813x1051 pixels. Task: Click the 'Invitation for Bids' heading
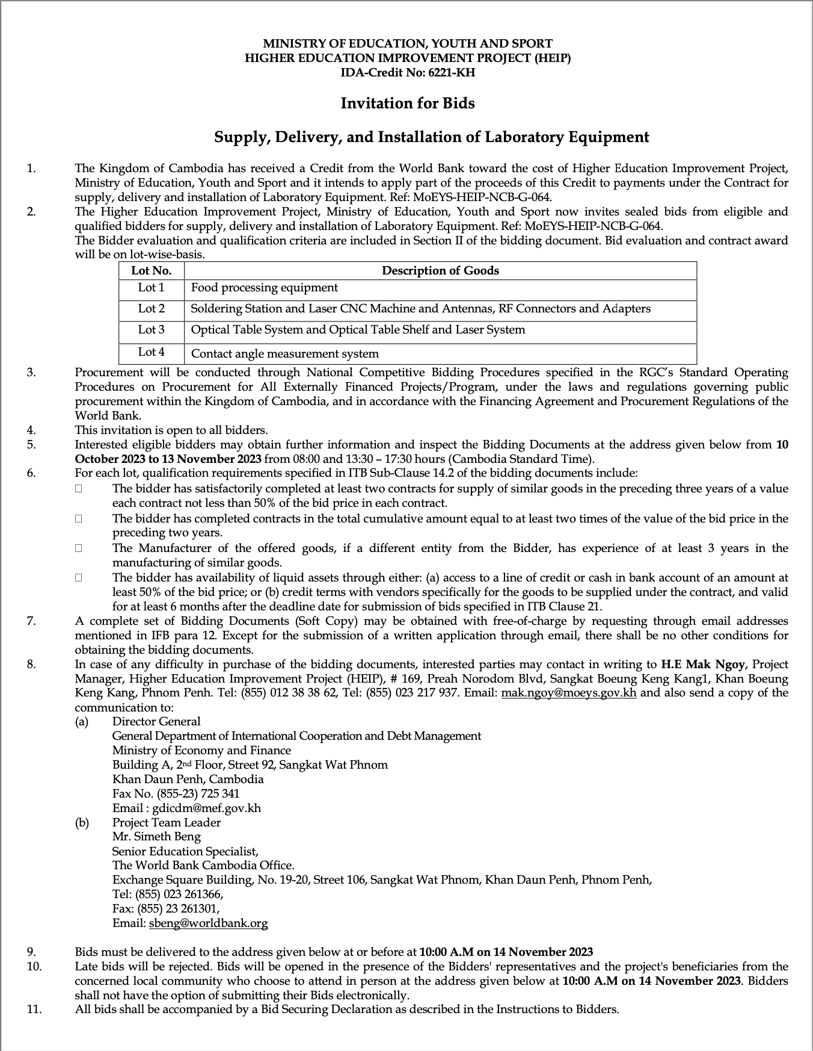407,104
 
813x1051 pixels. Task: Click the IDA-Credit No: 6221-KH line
407,73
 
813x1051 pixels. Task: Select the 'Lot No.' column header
151,271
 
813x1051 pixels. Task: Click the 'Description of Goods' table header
440,271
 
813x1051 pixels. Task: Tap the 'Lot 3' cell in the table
151,330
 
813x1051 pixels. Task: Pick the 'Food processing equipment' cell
265,288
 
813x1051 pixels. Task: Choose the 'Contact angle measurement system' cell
284,354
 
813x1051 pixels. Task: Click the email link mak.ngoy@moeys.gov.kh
568,693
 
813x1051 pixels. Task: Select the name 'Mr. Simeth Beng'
156,837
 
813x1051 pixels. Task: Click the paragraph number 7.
31,621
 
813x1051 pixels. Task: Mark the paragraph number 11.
34,1009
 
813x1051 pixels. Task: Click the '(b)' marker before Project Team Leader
81,823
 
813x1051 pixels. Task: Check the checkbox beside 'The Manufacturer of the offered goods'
79,548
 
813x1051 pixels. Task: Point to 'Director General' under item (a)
156,722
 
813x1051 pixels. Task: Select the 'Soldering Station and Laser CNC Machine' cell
420,309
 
